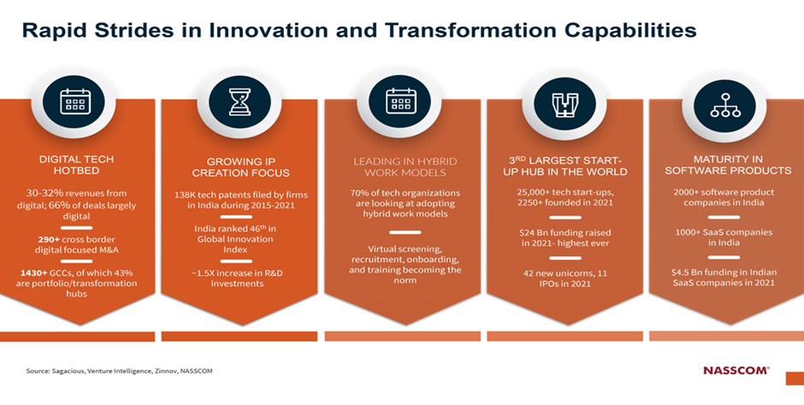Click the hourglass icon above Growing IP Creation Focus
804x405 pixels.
[239, 102]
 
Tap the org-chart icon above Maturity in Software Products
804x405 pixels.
[725, 105]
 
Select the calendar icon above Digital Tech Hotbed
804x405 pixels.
[75, 102]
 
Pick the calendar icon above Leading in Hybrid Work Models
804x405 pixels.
[400, 100]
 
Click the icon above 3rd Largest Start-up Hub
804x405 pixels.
[564, 104]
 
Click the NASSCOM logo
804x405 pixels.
[736, 370]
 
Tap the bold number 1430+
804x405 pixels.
[34, 273]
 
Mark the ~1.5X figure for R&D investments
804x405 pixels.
[204, 273]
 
